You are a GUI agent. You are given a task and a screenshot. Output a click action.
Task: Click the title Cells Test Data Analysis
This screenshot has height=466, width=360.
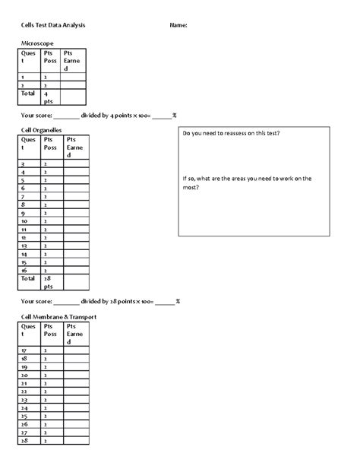pyautogui.click(x=53, y=25)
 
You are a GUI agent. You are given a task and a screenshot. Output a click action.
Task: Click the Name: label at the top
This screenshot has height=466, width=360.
pyautogui.click(x=178, y=25)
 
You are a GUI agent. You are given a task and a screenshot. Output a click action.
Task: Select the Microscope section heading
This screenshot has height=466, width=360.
pyautogui.click(x=37, y=45)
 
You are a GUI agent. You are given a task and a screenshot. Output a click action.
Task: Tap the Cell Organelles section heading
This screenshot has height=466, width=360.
pyautogui.click(x=42, y=131)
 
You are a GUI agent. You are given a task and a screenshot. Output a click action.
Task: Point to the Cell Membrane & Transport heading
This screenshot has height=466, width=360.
pyautogui.click(x=58, y=315)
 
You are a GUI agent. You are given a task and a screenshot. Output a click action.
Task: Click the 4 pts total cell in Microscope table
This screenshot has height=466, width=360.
pyautogui.click(x=50, y=97)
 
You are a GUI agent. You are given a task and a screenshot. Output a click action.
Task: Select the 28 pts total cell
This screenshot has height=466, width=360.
pyautogui.click(x=50, y=282)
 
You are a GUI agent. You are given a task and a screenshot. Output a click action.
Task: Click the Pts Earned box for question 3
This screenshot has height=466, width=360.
pyautogui.click(x=77, y=163)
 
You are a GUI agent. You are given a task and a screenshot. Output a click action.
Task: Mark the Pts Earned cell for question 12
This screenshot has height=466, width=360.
pyautogui.click(x=77, y=237)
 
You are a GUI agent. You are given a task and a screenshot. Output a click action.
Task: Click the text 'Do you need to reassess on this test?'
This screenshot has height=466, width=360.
pyautogui.click(x=231, y=134)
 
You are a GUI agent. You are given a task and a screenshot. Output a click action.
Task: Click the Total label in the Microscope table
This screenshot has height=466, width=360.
pyautogui.click(x=28, y=93)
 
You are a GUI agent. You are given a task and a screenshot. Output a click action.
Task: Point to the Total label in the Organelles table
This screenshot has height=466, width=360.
pyautogui.click(x=28, y=278)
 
